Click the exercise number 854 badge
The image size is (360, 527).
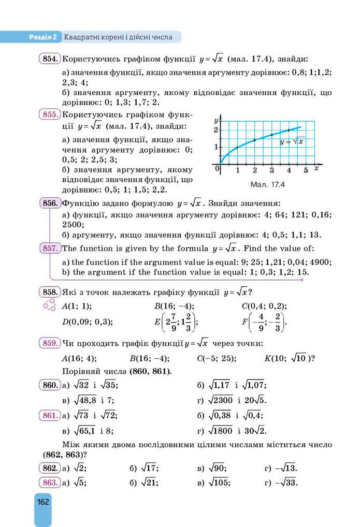click(50, 58)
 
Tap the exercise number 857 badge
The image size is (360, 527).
click(50, 248)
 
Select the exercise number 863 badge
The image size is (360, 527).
click(50, 482)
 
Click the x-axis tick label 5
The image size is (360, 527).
click(306, 170)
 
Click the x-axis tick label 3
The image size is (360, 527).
click(271, 170)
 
